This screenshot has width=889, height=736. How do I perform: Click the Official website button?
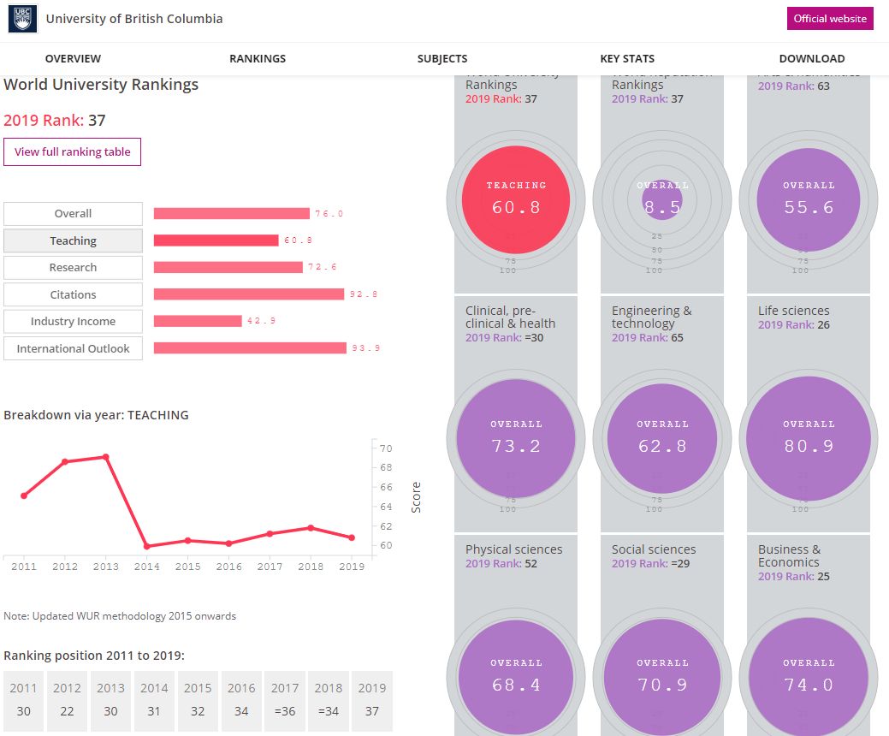click(830, 19)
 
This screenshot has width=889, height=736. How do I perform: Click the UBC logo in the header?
click(22, 19)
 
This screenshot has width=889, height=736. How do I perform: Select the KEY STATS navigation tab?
click(627, 59)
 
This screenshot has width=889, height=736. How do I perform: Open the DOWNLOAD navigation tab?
click(811, 59)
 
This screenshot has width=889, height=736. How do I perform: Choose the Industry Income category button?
click(73, 322)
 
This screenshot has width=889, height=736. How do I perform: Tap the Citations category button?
click(73, 294)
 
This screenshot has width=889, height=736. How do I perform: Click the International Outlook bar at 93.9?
click(250, 348)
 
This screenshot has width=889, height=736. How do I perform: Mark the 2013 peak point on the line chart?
click(105, 457)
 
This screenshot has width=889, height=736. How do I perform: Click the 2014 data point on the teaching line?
click(146, 546)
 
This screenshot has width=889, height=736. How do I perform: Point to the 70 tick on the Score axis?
click(386, 448)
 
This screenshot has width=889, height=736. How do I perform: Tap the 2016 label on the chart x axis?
click(228, 567)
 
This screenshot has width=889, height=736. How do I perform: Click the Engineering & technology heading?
click(652, 317)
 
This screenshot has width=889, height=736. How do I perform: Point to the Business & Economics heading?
click(789, 555)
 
